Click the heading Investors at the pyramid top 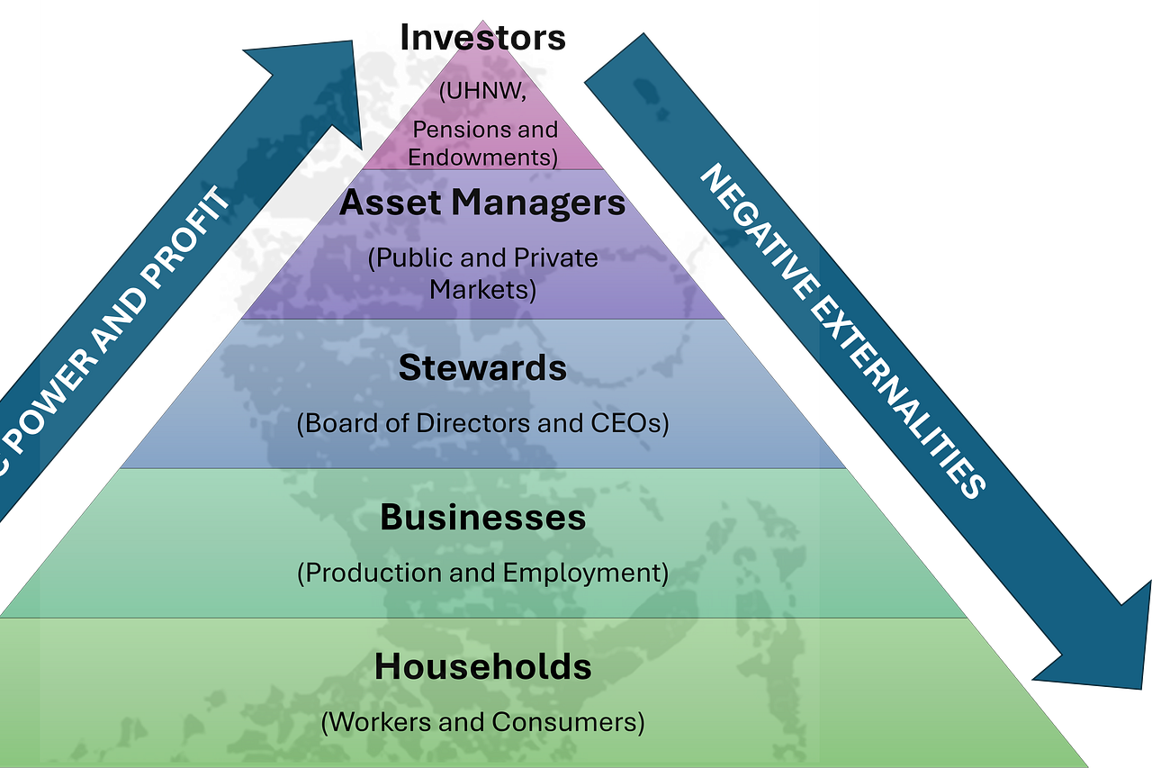(x=482, y=38)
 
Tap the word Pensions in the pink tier (x=449, y=130)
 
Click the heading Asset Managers (x=482, y=203)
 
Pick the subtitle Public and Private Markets (x=482, y=274)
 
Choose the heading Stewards (x=482, y=368)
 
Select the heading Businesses (x=482, y=518)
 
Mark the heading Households (x=482, y=667)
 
